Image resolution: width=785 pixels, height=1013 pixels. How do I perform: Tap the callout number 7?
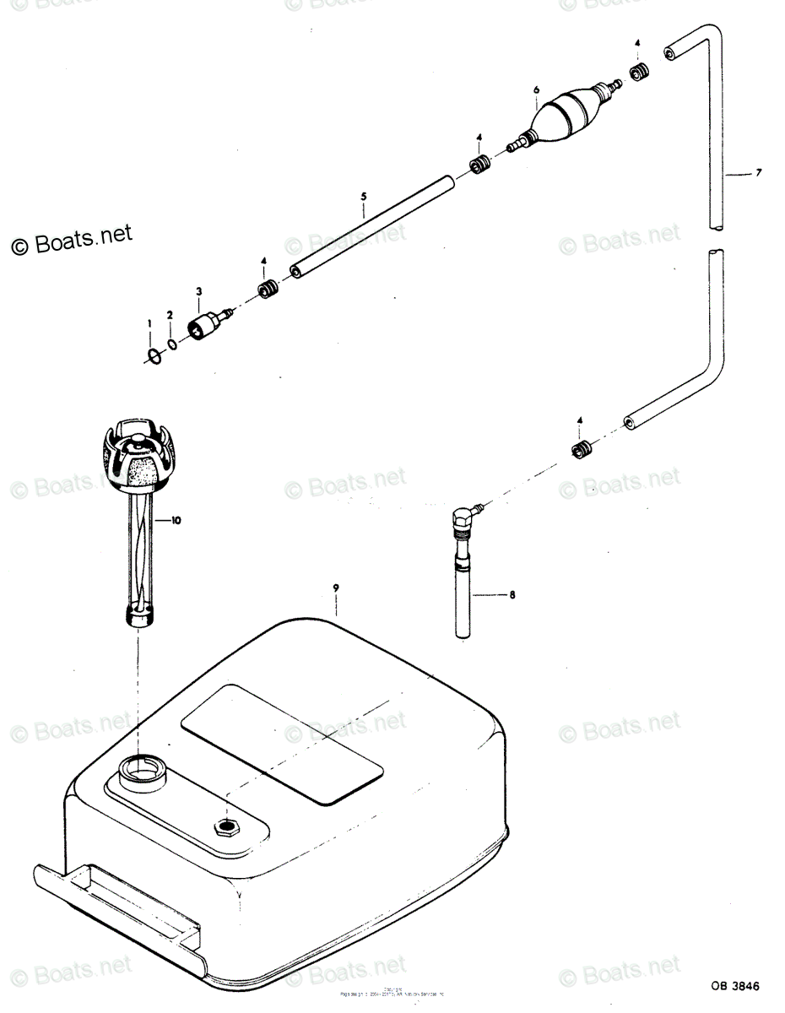(759, 174)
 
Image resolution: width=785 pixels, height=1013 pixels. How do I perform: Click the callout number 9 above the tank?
(336, 588)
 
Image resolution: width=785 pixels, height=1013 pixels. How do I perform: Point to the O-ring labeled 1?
(154, 356)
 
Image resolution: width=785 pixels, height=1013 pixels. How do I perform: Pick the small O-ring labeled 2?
(172, 344)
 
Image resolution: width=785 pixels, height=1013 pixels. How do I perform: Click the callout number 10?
(176, 521)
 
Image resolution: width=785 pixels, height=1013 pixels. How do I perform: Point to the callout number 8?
(512, 595)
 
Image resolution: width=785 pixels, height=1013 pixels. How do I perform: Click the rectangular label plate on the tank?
(282, 743)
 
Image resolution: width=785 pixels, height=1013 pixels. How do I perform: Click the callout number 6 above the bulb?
(535, 89)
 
